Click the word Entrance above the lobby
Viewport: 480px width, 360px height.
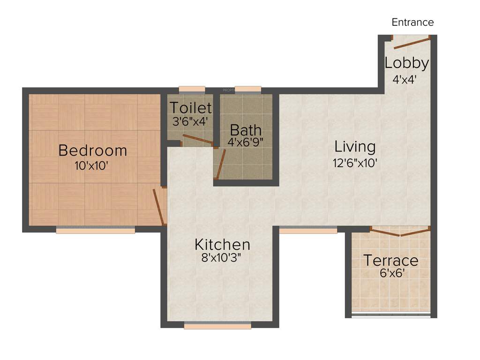pyautogui.click(x=412, y=22)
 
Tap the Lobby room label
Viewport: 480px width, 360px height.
pyautogui.click(x=406, y=63)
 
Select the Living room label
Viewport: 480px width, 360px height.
pyautogui.click(x=355, y=147)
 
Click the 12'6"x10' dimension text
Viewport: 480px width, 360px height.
pyautogui.click(x=355, y=163)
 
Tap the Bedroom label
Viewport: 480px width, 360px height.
pyautogui.click(x=92, y=150)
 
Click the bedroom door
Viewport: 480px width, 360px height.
pyautogui.click(x=159, y=207)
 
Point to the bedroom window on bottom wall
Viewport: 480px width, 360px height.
pyautogui.click(x=95, y=230)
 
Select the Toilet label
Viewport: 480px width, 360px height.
pyautogui.click(x=190, y=107)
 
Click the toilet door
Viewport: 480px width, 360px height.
pyautogui.click(x=197, y=139)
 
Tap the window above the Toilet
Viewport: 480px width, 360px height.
pyautogui.click(x=192, y=89)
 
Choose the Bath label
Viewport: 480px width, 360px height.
pyautogui.click(x=246, y=130)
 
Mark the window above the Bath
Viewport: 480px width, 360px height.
pyautogui.click(x=247, y=89)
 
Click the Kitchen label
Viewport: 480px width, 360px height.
pyautogui.click(x=222, y=244)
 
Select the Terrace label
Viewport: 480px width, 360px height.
pyautogui.click(x=391, y=260)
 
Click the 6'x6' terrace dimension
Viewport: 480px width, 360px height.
pyautogui.click(x=390, y=273)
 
